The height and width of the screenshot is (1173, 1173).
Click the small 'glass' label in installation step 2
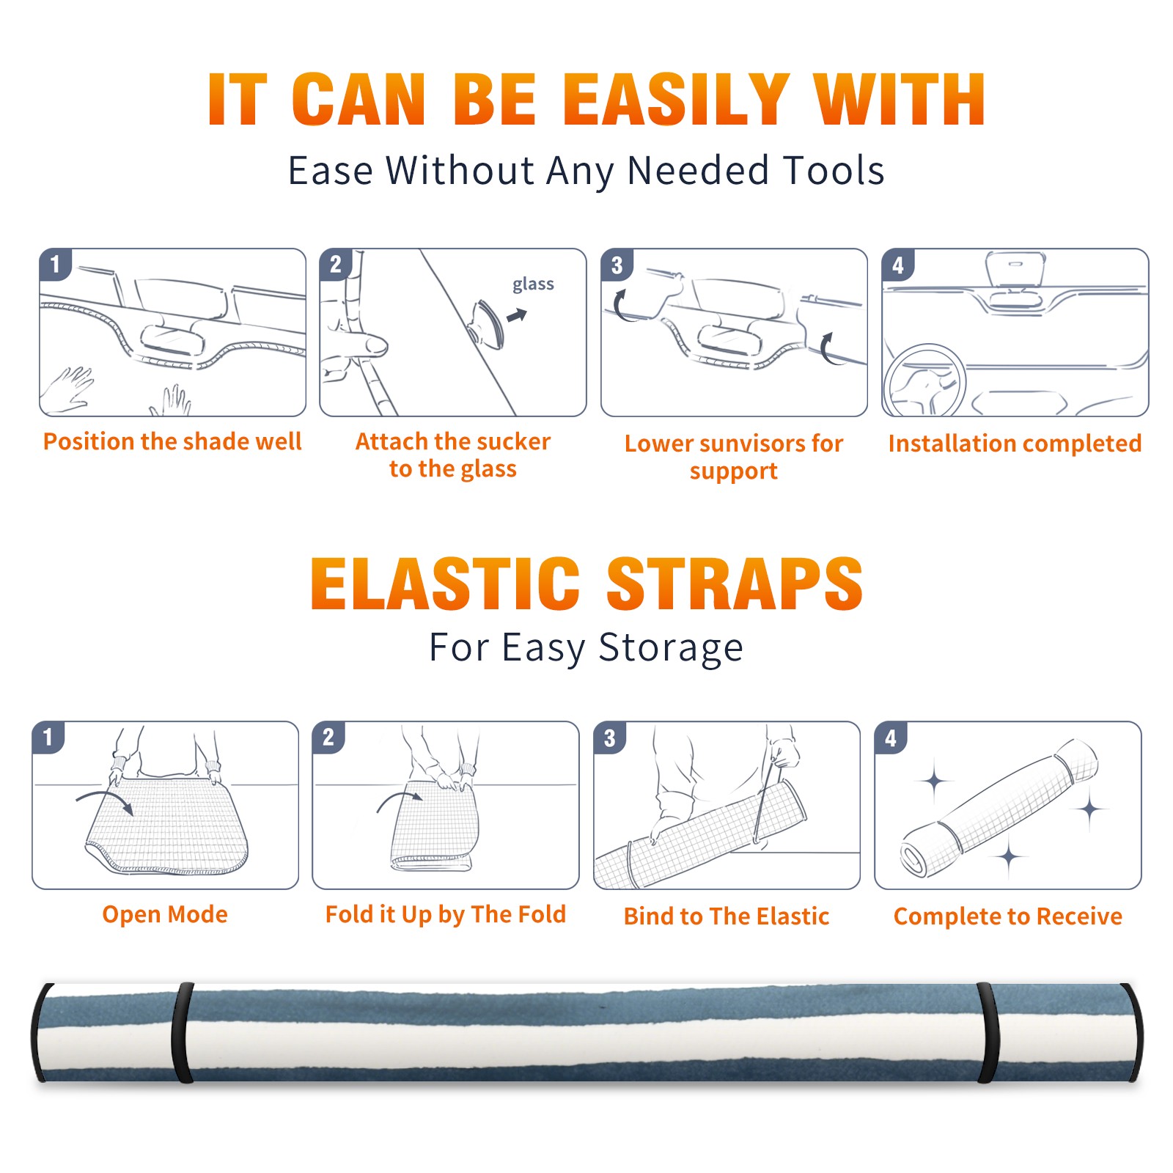click(533, 284)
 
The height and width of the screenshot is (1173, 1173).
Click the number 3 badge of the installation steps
click(617, 265)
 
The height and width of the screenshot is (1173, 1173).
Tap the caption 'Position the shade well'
click(172, 441)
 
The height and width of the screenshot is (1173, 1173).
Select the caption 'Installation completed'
click(1015, 444)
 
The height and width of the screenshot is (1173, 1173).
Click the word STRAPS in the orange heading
click(735, 584)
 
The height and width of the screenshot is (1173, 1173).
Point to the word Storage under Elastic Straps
click(670, 648)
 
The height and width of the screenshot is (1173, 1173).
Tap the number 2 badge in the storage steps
click(328, 738)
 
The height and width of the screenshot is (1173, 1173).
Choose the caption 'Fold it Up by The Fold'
click(446, 914)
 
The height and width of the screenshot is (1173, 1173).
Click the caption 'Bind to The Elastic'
click(727, 916)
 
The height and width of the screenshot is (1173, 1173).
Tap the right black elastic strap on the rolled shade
click(988, 1032)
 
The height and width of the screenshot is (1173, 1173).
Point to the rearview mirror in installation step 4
click(1015, 270)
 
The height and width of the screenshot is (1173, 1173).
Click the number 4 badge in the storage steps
click(891, 738)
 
